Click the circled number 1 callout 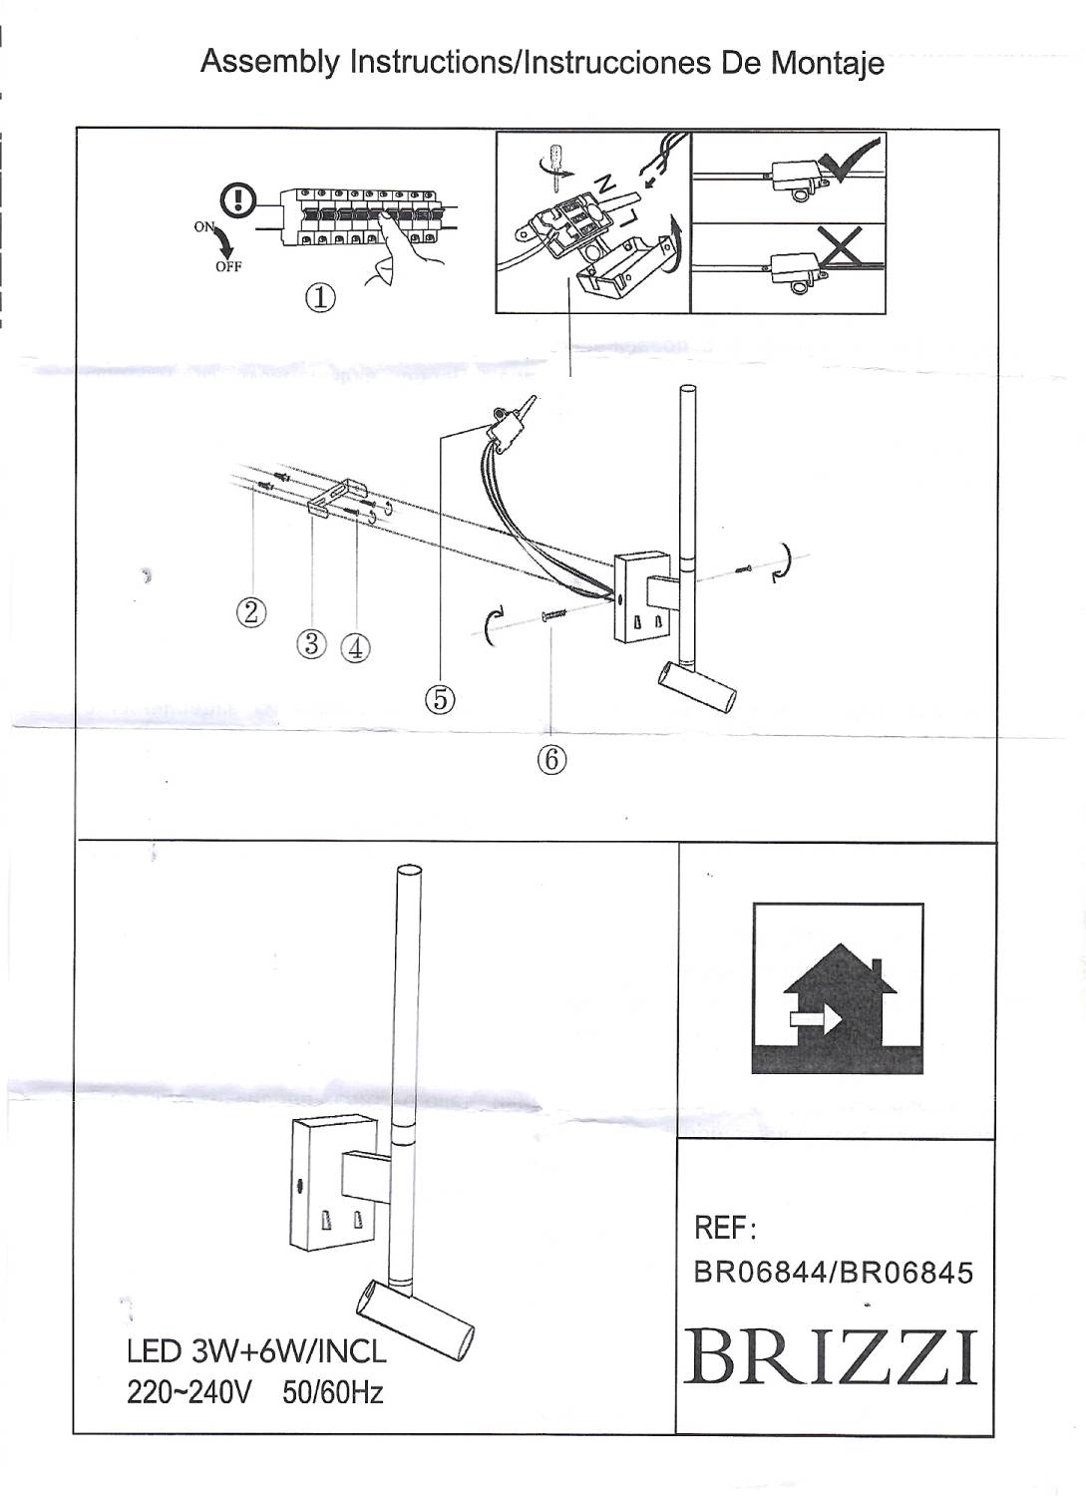click(x=320, y=297)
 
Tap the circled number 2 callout click(x=251, y=610)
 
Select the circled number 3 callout click(x=312, y=644)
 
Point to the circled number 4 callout click(x=355, y=648)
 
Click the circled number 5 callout click(x=440, y=701)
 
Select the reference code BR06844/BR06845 click(x=833, y=1273)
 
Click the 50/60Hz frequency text click(x=333, y=1392)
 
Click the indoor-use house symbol click(x=838, y=988)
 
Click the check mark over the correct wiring click(x=849, y=160)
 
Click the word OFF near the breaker click(x=228, y=266)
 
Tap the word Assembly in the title click(x=270, y=62)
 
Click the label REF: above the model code click(x=725, y=1228)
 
